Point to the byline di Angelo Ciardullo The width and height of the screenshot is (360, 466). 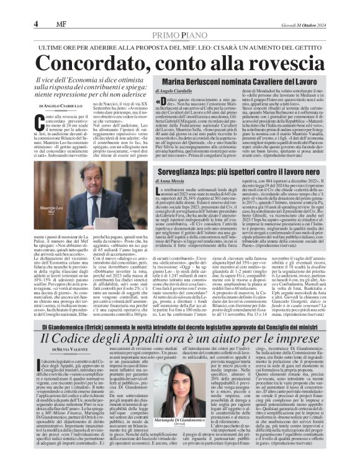[176, 92]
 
